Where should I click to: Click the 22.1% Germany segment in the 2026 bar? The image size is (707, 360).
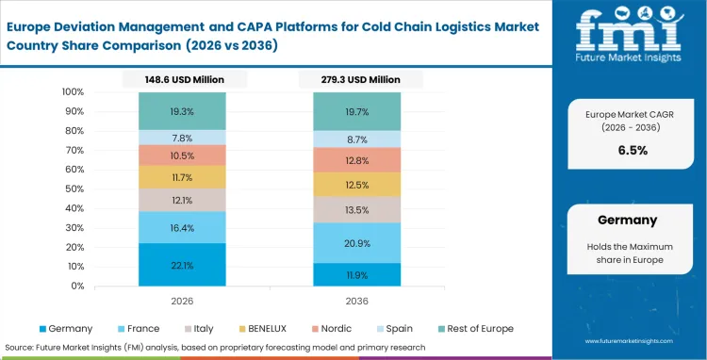(182, 265)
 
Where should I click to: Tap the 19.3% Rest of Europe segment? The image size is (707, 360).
(182, 111)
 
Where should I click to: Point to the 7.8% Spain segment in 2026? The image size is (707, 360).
(182, 138)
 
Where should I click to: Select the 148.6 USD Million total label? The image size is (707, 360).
(182, 80)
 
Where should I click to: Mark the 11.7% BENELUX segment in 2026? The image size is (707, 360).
(182, 177)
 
